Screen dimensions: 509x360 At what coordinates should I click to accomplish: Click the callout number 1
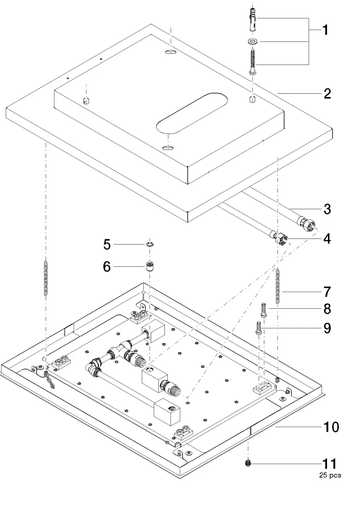point(325,31)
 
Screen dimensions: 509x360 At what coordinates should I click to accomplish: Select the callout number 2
point(327,93)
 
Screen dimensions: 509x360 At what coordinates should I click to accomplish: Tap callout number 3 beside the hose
point(327,209)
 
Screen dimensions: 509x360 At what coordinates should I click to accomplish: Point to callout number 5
point(107,245)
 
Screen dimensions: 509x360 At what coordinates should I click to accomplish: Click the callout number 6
point(107,267)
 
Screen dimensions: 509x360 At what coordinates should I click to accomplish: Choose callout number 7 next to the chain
point(327,291)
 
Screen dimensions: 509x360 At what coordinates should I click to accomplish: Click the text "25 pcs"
point(329,475)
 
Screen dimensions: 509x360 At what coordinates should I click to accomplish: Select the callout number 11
point(328,464)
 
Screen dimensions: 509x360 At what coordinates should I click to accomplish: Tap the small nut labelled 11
point(248,464)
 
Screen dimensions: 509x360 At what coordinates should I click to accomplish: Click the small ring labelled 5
point(149,244)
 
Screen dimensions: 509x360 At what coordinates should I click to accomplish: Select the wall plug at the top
point(253,20)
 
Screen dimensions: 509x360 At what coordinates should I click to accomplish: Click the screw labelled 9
point(259,328)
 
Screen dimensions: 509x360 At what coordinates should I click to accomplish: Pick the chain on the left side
point(46,279)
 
